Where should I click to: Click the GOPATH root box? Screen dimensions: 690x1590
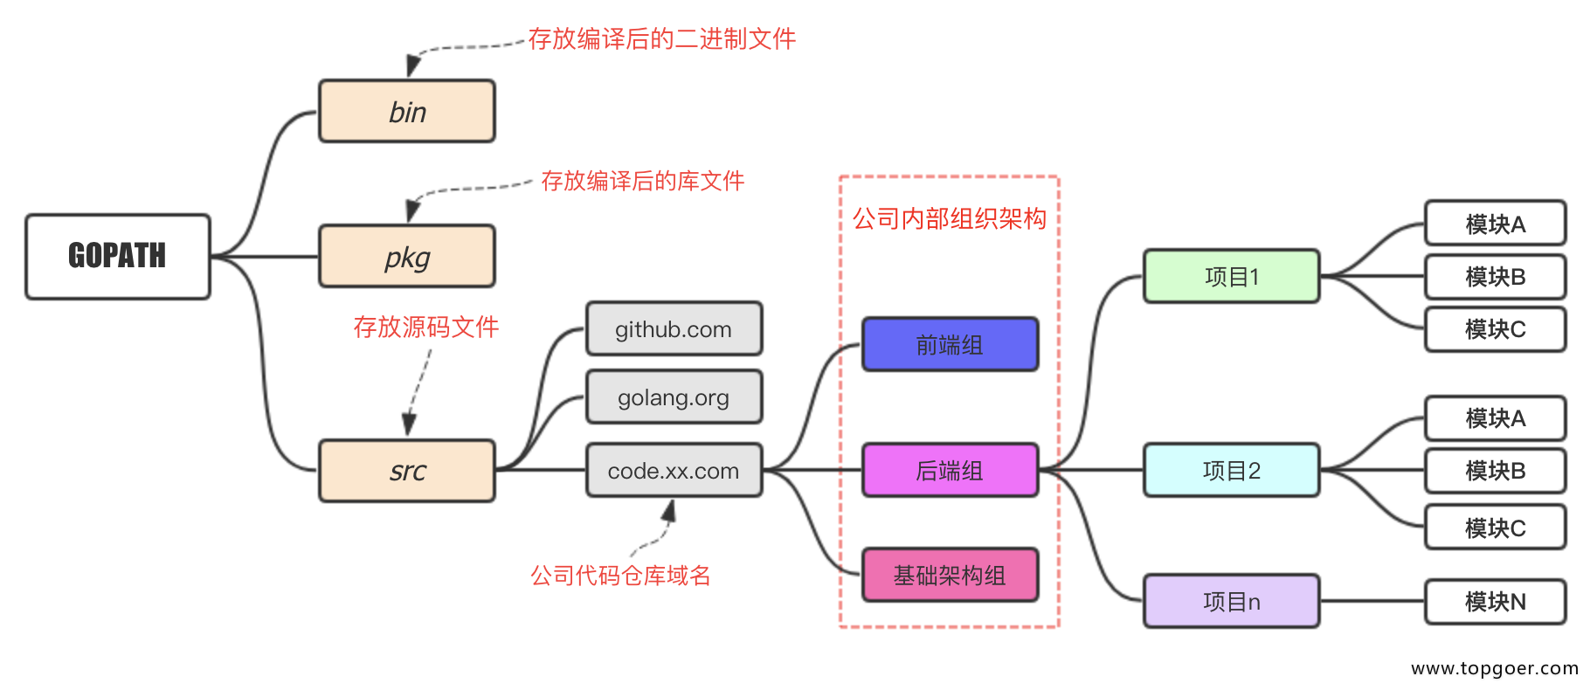coord(117,256)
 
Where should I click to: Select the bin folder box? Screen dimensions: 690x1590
coord(407,111)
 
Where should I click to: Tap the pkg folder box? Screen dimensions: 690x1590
coord(407,256)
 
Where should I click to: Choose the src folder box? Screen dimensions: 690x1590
coord(407,471)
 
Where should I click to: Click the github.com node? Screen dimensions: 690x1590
coord(674,329)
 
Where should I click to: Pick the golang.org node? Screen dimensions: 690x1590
coord(674,397)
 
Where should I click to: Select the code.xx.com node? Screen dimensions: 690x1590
coord(674,471)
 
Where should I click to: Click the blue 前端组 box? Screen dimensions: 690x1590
coord(950,345)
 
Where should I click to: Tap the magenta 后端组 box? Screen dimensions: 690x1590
coord(950,471)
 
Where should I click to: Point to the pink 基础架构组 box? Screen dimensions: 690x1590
coord(950,576)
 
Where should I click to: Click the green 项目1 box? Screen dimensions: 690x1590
coord(1231,277)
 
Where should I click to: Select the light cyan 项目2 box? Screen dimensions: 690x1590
coord(1231,471)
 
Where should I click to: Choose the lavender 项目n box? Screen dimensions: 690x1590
coord(1231,602)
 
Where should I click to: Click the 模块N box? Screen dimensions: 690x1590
coord(1495,602)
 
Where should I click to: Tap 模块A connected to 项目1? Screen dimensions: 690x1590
coord(1495,224)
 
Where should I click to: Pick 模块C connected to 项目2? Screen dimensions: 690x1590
coord(1495,528)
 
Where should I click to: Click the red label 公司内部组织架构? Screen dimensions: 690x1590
coord(950,218)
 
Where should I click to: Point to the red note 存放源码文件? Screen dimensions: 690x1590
coord(425,328)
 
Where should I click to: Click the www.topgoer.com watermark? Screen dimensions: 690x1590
coord(1494,668)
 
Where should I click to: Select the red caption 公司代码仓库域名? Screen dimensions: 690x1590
coord(620,576)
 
